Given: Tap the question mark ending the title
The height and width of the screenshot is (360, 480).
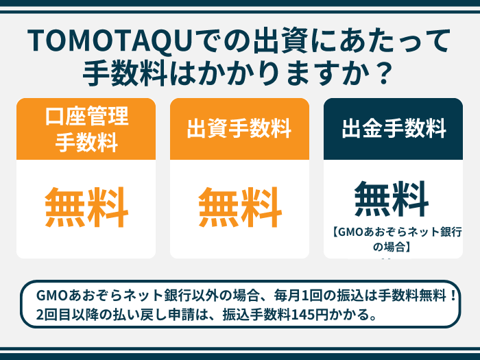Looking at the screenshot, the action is (383, 73).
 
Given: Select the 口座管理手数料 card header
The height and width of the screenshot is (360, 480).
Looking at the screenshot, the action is (86, 129).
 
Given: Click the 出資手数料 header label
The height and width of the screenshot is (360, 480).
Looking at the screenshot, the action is (239, 128).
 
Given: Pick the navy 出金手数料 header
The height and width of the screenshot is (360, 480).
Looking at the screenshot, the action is (393, 129).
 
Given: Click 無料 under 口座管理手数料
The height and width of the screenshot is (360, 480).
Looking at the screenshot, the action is (86, 207).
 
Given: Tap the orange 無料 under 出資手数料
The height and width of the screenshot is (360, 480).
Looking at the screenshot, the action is (240, 207).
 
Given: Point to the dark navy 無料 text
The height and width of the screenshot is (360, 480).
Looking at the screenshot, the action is (392, 199).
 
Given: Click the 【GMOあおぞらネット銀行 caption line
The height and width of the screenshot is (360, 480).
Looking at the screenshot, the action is (396, 232).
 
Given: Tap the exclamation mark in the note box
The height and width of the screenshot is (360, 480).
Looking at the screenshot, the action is (453, 296).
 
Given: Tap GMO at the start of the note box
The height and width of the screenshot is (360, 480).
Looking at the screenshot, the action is (51, 296).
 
